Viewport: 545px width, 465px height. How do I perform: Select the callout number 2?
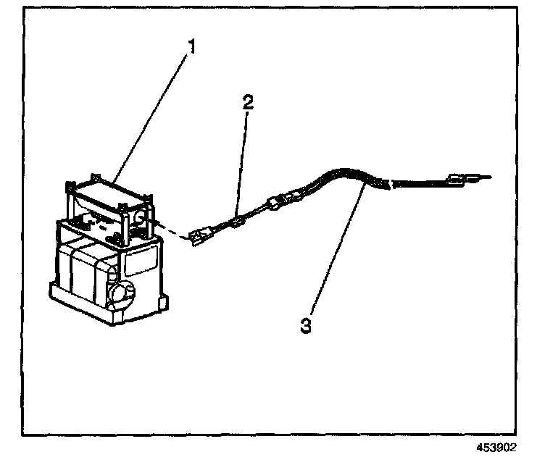coord(249,102)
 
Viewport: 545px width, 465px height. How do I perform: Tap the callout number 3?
coord(307,326)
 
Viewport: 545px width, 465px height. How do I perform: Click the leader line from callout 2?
coord(244,159)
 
